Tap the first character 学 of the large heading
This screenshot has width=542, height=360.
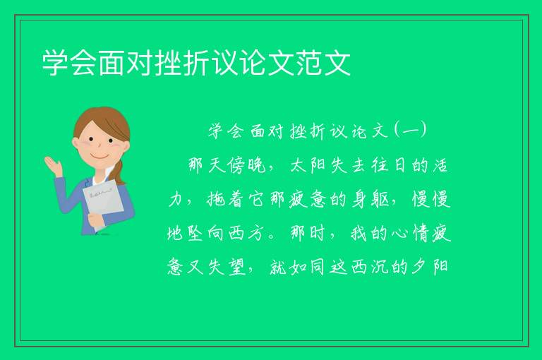coord(55,63)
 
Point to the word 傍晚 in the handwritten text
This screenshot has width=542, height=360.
coord(246,165)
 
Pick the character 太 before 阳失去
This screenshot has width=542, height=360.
coord(299,166)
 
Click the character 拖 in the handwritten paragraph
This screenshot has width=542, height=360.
coord(216,199)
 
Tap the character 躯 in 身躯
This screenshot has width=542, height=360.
coord(380,200)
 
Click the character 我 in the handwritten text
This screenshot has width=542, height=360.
coord(359,233)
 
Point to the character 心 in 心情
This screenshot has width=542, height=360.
coord(399,234)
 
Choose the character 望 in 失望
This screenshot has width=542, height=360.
coord(236,267)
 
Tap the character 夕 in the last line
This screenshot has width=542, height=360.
coord(420,267)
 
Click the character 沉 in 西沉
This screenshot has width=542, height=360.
coord(379,267)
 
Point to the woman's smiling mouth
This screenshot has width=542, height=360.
coord(100,156)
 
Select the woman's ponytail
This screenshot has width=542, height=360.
coord(119,172)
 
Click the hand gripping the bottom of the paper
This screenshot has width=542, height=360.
coord(95,220)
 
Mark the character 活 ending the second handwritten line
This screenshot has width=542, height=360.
coord(440,166)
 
